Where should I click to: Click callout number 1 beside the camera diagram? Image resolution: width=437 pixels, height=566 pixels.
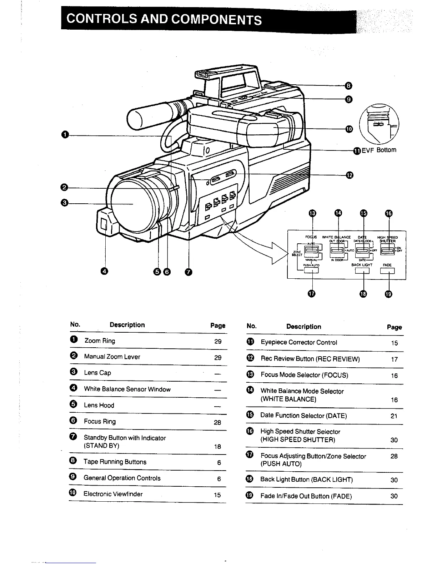point(64,134)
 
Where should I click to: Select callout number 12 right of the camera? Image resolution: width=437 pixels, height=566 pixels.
point(350,175)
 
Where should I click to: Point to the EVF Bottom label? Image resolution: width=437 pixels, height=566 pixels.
point(379,150)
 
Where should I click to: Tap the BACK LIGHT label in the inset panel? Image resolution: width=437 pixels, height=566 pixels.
point(362,265)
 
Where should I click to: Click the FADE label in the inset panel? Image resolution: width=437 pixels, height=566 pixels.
point(387,265)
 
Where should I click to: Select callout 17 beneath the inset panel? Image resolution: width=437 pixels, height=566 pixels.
point(311,294)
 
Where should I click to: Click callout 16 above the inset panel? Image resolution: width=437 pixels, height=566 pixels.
point(388,213)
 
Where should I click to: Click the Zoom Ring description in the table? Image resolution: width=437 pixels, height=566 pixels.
point(100,341)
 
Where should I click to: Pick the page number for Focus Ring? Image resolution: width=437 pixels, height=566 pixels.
point(217,422)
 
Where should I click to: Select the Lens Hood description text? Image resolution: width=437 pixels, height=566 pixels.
point(99,405)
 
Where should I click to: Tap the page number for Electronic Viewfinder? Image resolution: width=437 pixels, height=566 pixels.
point(217,495)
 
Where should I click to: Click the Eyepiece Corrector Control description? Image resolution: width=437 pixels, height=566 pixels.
point(299,342)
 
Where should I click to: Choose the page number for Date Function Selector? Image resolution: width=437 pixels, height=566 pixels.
point(394,416)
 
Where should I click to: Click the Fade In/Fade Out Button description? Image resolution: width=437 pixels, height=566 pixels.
point(306,496)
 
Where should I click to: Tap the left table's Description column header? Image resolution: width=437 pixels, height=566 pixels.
point(127,325)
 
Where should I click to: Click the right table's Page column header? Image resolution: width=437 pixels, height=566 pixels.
point(394,327)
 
